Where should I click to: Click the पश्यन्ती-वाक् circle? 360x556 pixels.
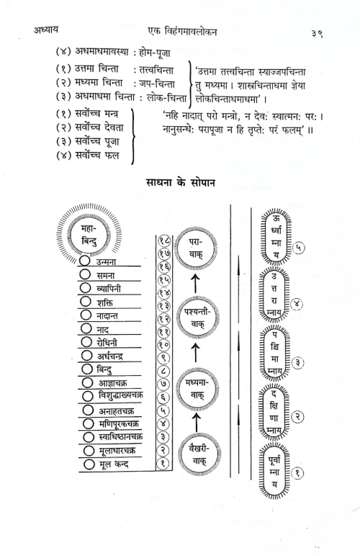click(195, 315)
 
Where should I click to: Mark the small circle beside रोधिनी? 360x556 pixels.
click(86, 343)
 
